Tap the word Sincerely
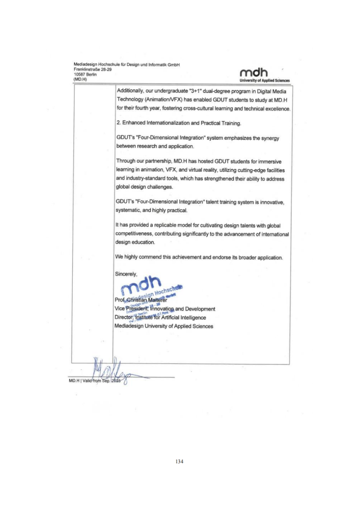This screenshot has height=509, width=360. point(127,274)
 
